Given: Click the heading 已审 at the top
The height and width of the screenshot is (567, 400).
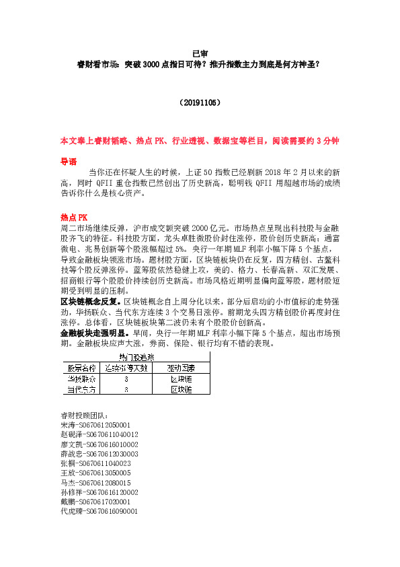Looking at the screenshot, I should (x=200, y=53).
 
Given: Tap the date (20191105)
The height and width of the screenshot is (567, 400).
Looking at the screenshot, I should (x=200, y=103).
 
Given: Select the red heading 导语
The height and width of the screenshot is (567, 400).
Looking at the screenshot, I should (x=69, y=162).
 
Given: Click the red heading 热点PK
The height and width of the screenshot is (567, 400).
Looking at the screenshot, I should (x=74, y=218).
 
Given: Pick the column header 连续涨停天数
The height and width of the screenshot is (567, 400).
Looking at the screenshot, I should (x=126, y=368).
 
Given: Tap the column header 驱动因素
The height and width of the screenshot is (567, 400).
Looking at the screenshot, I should (x=181, y=368).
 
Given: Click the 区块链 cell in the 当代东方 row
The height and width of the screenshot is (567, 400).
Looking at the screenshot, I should (x=181, y=390).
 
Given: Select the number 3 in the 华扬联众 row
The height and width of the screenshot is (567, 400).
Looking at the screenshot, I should (x=126, y=379).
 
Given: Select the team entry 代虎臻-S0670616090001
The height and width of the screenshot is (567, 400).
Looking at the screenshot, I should (x=99, y=512).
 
